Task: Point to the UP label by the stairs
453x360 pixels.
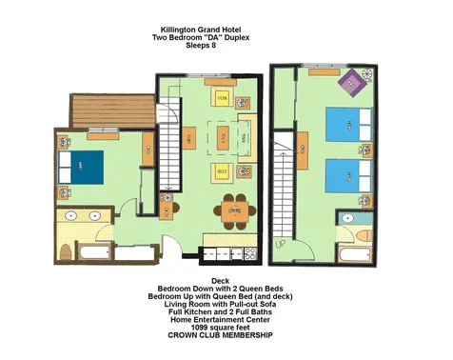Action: coord(280,243)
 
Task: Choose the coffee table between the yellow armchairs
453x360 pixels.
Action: coord(221,138)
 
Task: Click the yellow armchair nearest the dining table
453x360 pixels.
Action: coord(221,171)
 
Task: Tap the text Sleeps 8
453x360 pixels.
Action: coord(201,47)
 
